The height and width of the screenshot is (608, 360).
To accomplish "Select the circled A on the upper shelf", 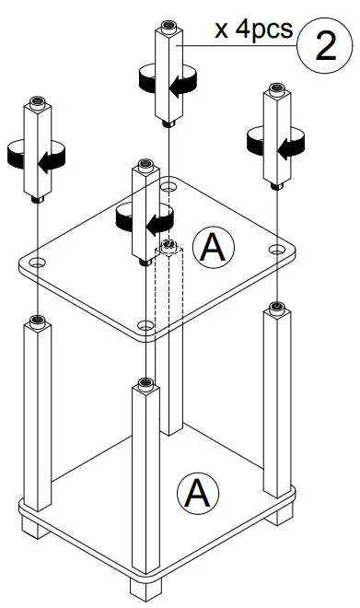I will [x=217, y=247].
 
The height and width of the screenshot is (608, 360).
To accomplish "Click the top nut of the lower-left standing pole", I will [x=36, y=322].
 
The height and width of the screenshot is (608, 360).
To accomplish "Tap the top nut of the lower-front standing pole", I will [x=144, y=382].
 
